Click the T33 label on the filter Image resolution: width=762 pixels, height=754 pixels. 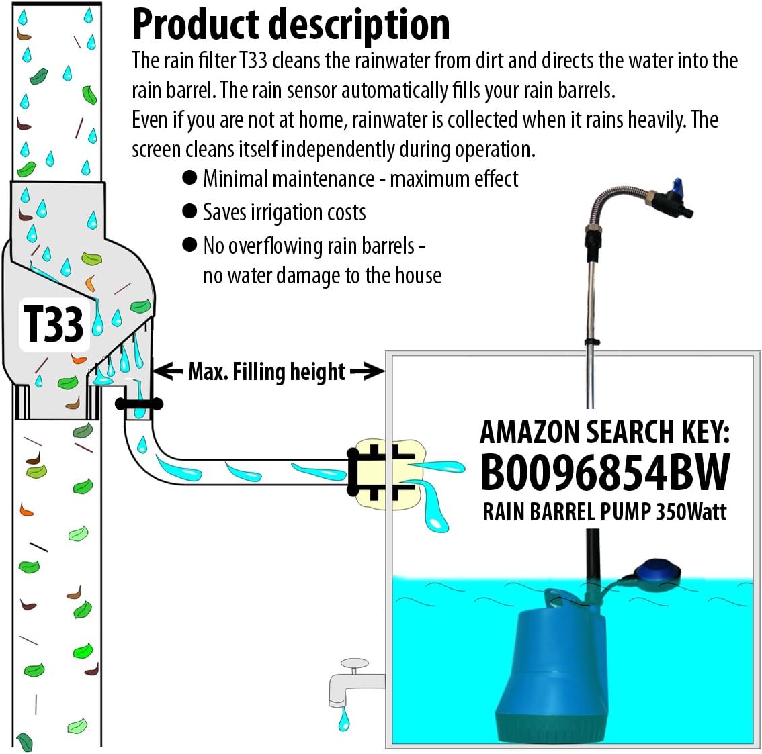pyautogui.click(x=54, y=324)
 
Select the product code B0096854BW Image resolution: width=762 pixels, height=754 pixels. pyautogui.click(x=605, y=472)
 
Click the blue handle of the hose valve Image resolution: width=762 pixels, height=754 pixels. pyautogui.click(x=676, y=185)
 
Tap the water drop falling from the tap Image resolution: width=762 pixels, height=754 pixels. pyautogui.click(x=344, y=720)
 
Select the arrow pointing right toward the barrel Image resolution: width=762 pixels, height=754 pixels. pyautogui.click(x=367, y=372)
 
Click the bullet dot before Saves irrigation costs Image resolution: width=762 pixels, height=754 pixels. pyautogui.click(x=189, y=211)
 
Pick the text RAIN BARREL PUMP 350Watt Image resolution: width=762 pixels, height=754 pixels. pyautogui.click(x=605, y=512)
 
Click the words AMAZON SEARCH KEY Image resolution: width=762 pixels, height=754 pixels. pyautogui.click(x=605, y=431)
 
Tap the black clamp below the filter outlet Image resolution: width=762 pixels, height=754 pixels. pyautogui.click(x=139, y=404)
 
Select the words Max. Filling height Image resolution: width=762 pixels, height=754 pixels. pyautogui.click(x=266, y=372)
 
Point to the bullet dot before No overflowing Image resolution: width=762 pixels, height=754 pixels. pyautogui.click(x=189, y=244)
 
